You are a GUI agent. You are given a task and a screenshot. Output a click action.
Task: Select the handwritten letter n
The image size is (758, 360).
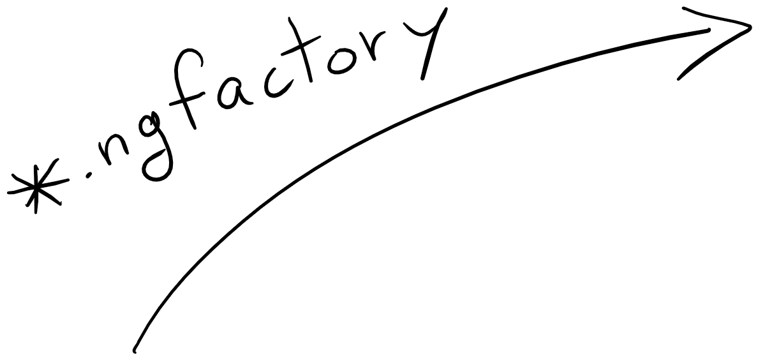coord(115,156)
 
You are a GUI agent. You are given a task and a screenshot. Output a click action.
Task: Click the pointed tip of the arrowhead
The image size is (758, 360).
coord(750,29)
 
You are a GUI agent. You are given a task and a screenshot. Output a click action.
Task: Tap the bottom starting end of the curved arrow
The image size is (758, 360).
coord(135,350)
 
